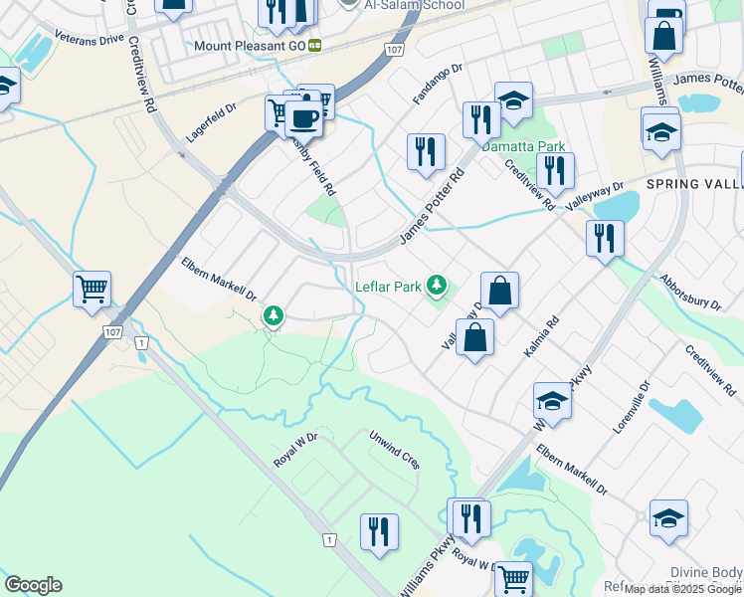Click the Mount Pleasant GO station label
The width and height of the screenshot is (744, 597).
[x=250, y=46]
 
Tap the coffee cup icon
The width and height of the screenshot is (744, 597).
[x=303, y=119]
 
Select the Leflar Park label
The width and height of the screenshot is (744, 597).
[x=389, y=287]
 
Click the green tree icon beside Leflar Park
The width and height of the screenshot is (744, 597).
[x=435, y=286]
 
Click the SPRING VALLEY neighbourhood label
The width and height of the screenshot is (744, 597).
[x=694, y=185]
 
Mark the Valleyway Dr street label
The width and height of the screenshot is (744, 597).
[x=594, y=195]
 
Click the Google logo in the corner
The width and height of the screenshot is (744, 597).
[x=33, y=585]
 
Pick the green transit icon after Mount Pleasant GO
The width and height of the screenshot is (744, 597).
[x=315, y=46]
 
